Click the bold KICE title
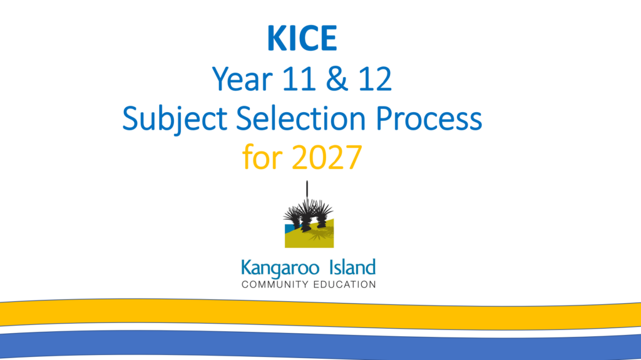[x=302, y=38]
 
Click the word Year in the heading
[x=242, y=78]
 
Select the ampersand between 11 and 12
[x=337, y=78]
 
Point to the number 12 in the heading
[x=375, y=78]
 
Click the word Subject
[x=175, y=118]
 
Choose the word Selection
[x=301, y=118]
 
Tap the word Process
[x=429, y=118]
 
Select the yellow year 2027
[x=327, y=157]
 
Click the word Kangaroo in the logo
[x=280, y=269]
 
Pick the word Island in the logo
[x=352, y=267]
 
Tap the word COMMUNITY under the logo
[x=275, y=285]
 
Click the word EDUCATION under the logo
[x=345, y=285]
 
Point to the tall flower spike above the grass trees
[x=307, y=190]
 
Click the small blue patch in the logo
[x=290, y=229]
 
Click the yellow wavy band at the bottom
[x=320, y=314]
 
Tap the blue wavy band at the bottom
[x=320, y=346]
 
